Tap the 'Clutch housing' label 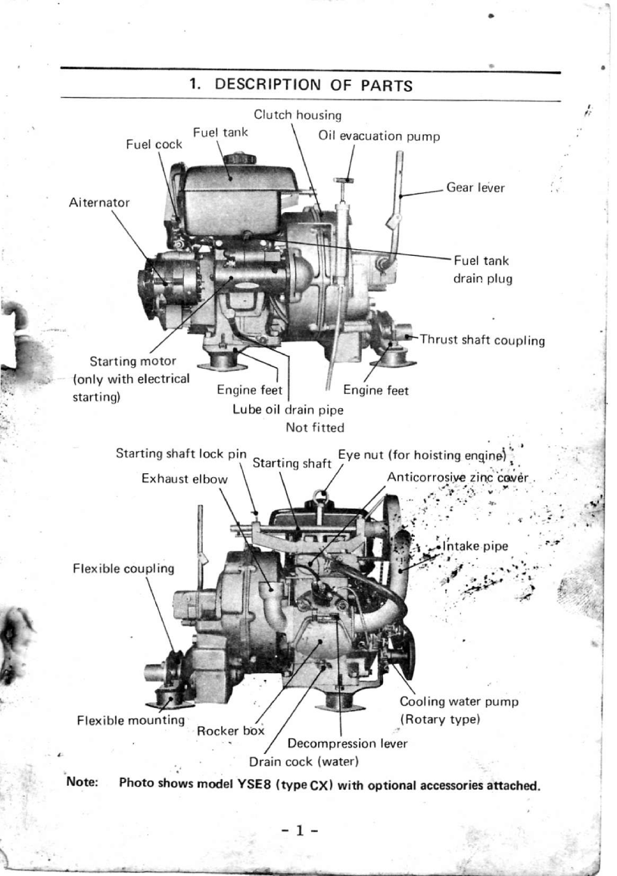tap(297, 115)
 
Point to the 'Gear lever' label tap(475, 187)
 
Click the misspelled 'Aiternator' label tap(98, 202)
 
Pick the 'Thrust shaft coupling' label tap(482, 340)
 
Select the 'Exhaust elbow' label tap(185, 479)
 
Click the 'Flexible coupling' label tap(123, 567)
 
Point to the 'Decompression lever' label tap(347, 744)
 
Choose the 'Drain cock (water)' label tap(303, 760)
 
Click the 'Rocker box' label tap(230, 731)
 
